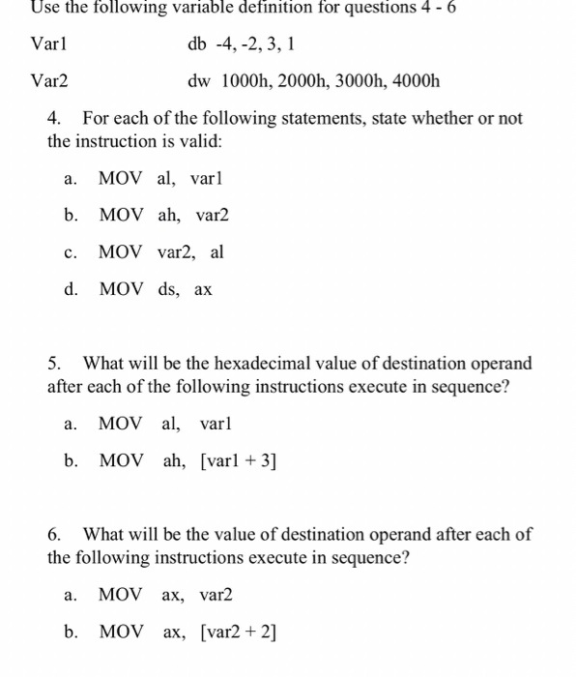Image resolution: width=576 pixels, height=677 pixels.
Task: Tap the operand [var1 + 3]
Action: tap(238, 461)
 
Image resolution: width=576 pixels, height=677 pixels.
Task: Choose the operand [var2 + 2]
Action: tap(238, 633)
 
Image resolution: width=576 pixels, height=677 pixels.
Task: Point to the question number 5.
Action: tap(54, 364)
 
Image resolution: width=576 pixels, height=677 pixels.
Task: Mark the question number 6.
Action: tap(54, 535)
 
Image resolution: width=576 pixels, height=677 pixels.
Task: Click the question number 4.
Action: tap(54, 118)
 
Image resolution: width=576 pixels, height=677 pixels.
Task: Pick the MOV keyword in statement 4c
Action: tap(121, 252)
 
